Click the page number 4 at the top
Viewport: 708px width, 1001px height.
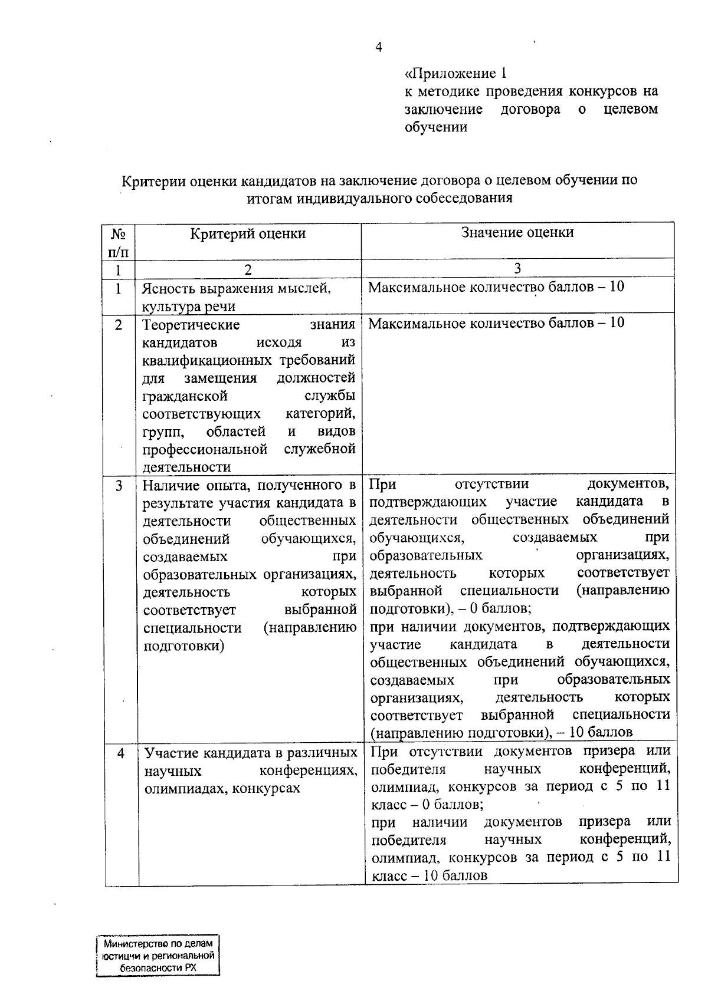379,48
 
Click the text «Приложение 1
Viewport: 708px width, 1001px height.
455,74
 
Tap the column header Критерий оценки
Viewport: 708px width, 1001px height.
248,234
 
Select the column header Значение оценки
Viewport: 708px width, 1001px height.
517,232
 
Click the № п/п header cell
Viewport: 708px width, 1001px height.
119,242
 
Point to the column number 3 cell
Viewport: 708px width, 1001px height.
517,269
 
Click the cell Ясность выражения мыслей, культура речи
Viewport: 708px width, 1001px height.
236,297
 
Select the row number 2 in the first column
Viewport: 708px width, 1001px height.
119,325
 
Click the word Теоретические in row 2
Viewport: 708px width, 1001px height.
191,325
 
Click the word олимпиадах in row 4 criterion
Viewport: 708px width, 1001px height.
178,789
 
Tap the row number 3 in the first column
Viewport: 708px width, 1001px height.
119,486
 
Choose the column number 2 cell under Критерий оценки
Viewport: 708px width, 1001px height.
248,270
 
